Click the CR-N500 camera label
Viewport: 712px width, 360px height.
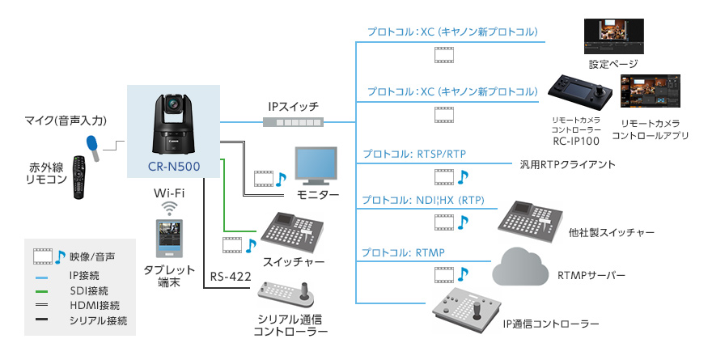click(173, 166)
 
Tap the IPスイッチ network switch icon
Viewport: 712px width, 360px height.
click(292, 121)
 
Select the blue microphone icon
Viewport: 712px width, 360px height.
click(94, 146)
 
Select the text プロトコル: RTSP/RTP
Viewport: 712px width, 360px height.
click(413, 154)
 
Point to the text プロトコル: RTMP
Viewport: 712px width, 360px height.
click(403, 253)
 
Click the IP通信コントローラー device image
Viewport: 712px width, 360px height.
click(467, 308)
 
